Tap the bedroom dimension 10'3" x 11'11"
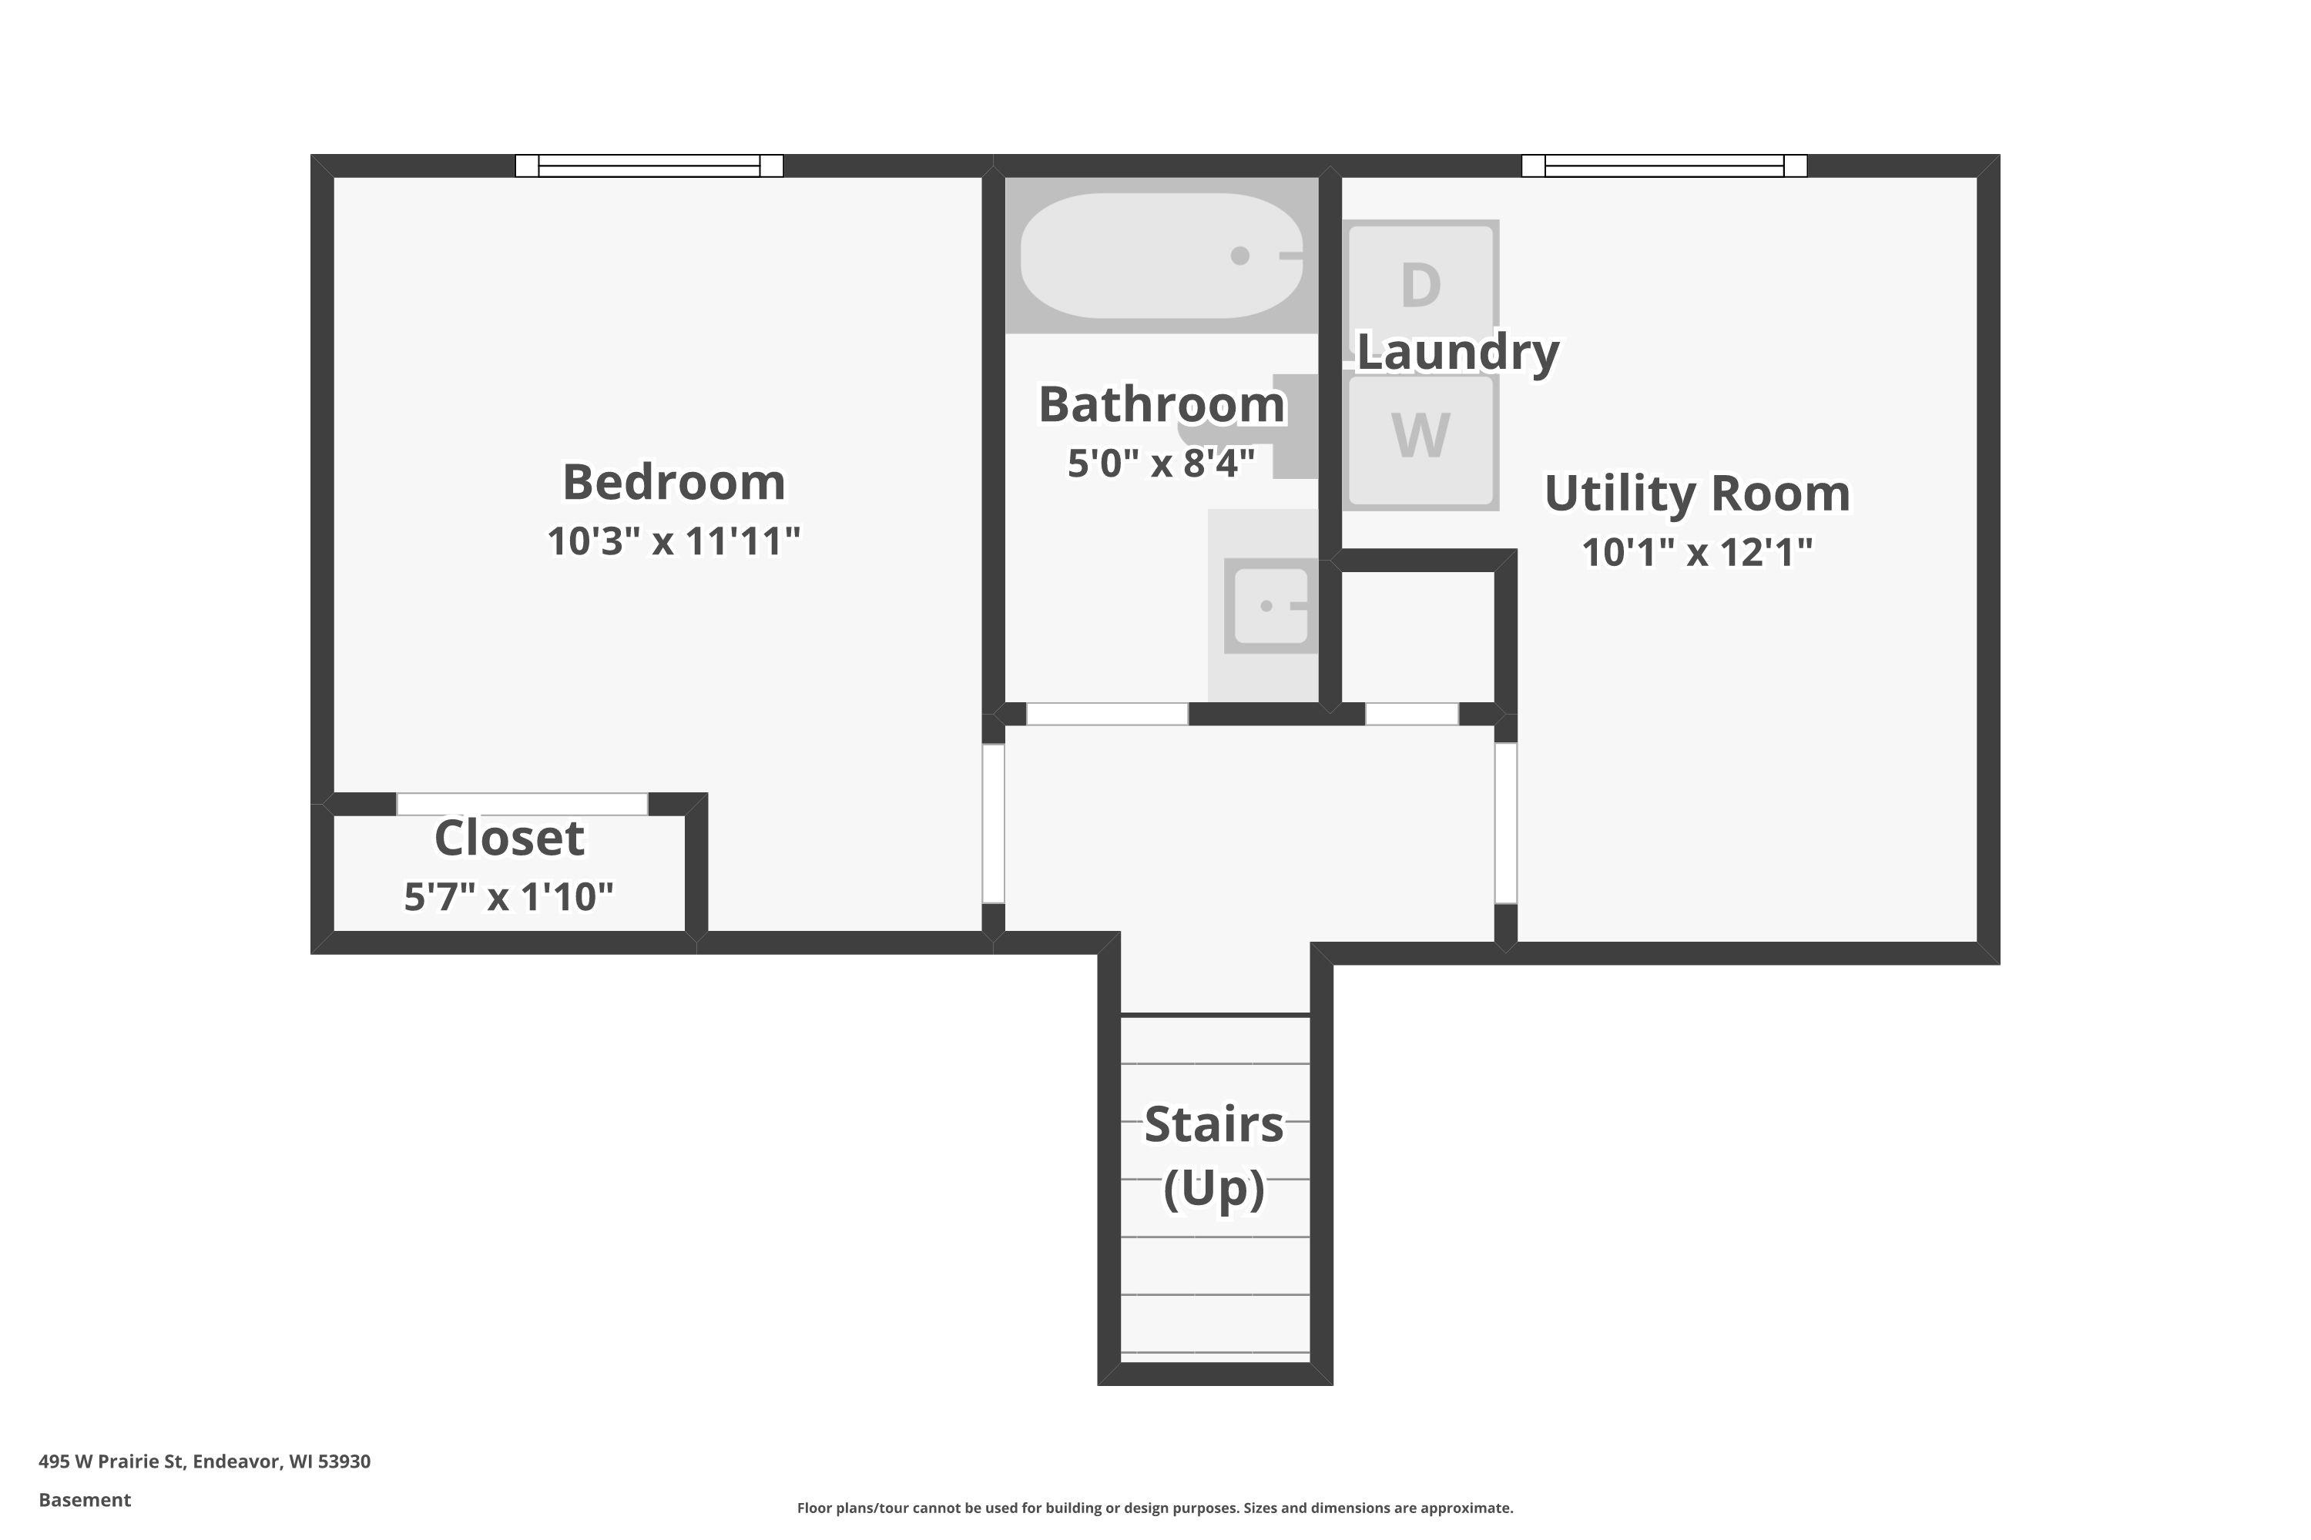673,541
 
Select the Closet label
509,838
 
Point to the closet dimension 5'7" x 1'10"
509,897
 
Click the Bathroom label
1162,405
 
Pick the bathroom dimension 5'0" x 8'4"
1162,463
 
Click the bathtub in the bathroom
1162,256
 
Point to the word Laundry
1458,353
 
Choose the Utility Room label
1697,493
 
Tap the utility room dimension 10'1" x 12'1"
1697,552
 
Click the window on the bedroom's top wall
649,166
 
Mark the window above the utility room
1665,166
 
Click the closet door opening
523,803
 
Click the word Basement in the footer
85,1500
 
